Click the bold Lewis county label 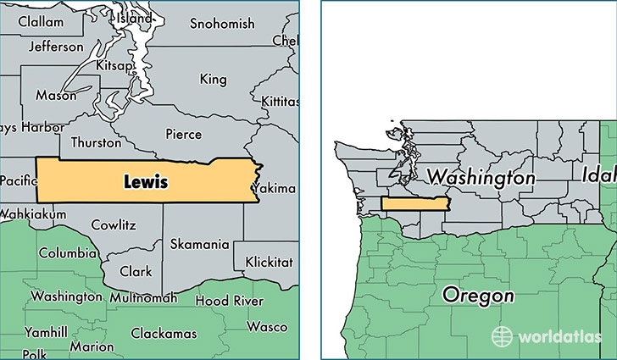pyautogui.click(x=146, y=181)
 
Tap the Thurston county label pyautogui.click(x=97, y=142)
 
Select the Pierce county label pyautogui.click(x=183, y=134)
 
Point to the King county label pyautogui.click(x=213, y=79)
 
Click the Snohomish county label pyautogui.click(x=222, y=24)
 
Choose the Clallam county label pyautogui.click(x=41, y=19)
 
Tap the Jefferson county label pyautogui.click(x=56, y=47)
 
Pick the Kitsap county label pyautogui.click(x=114, y=65)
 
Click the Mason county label pyautogui.click(x=56, y=96)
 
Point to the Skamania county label pyautogui.click(x=199, y=244)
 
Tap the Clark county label pyautogui.click(x=136, y=272)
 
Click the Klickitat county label pyautogui.click(x=269, y=263)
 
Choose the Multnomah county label pyautogui.click(x=143, y=297)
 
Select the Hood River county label pyautogui.click(x=224, y=300)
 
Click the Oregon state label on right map pyautogui.click(x=478, y=296)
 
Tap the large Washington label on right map pyautogui.click(x=481, y=178)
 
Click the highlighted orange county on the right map pyautogui.click(x=414, y=203)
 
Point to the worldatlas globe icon pyautogui.click(x=503, y=335)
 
